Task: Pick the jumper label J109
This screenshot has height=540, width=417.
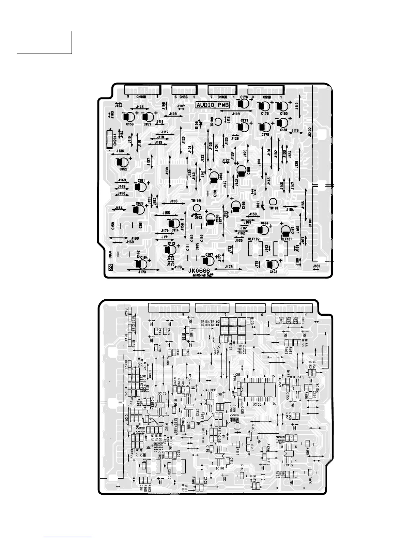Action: tap(236, 114)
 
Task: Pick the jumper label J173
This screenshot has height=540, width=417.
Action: tap(142, 272)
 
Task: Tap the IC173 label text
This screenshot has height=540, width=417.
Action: tap(162, 393)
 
